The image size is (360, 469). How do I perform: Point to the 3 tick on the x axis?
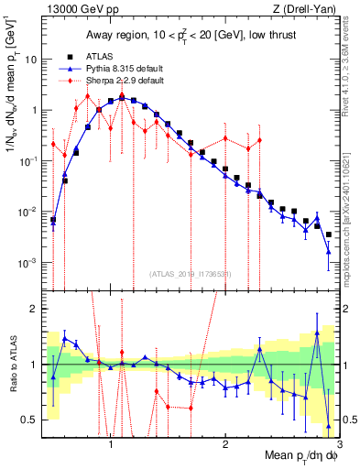[x=339, y=439]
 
